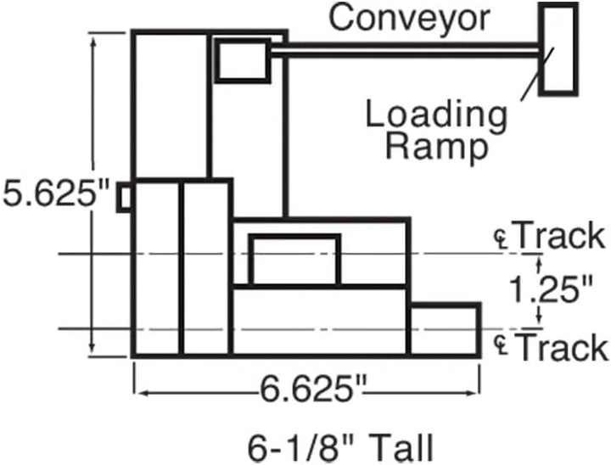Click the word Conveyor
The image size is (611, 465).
409,20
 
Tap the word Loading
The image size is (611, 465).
436,115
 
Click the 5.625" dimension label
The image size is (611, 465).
54,193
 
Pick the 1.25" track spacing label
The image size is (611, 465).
551,289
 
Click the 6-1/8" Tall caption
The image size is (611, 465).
340,448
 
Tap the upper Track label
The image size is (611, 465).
559,235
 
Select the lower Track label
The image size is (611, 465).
562,347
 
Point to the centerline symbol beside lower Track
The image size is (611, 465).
502,345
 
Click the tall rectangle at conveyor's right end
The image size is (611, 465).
558,49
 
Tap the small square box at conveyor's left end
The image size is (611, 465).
243,61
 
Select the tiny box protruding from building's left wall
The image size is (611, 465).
124,197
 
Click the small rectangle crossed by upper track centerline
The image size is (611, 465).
294,261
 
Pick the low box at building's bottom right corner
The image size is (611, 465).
445,329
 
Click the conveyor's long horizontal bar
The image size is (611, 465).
406,51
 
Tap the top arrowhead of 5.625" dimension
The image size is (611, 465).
92,43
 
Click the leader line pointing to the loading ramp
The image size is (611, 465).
537,74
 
